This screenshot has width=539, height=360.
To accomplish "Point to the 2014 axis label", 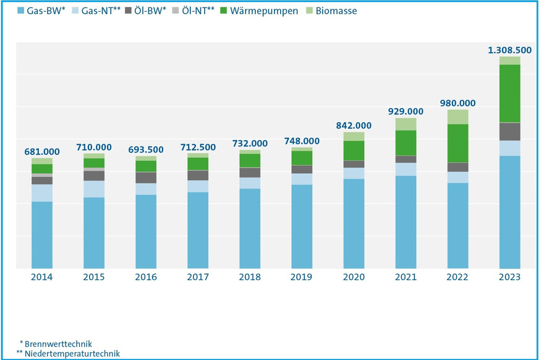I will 42,278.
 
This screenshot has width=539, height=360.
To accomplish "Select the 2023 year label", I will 510,278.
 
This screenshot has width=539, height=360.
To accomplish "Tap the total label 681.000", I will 42,151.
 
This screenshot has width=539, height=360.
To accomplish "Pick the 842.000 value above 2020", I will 354,124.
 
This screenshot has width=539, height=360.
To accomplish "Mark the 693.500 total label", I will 146,149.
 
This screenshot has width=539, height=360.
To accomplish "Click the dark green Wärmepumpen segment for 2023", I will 510,93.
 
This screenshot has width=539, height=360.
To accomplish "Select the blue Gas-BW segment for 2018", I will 250,228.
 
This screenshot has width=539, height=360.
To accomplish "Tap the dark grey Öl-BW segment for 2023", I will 510,131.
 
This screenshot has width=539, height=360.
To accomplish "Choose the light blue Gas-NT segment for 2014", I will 42,192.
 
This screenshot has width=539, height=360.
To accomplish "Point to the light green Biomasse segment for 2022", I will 458,117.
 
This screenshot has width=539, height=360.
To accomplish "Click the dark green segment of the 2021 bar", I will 406,142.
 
